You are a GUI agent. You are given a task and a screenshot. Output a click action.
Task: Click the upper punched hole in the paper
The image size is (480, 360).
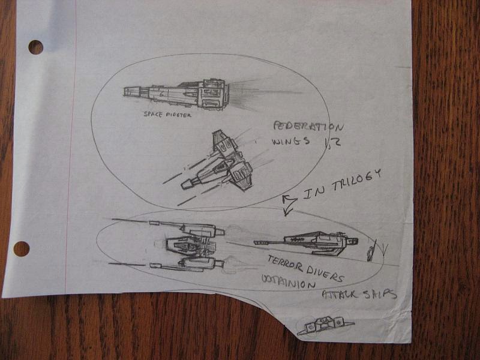pyautogui.click(x=35, y=47)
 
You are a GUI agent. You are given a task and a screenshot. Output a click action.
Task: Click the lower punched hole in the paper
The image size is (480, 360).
pyautogui.click(x=22, y=248)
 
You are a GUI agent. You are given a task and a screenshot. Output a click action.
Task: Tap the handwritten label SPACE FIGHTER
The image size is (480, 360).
pyautogui.click(x=167, y=115)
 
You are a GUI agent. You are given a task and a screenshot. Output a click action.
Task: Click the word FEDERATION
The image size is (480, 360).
pyautogui.click(x=308, y=127)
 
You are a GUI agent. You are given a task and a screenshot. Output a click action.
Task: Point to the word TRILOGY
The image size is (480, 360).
pyautogui.click(x=354, y=182)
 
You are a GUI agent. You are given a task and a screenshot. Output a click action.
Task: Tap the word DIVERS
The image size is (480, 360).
pyautogui.click(x=325, y=274)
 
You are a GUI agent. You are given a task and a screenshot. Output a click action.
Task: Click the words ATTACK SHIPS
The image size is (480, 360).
pyautogui.click(x=359, y=294)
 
